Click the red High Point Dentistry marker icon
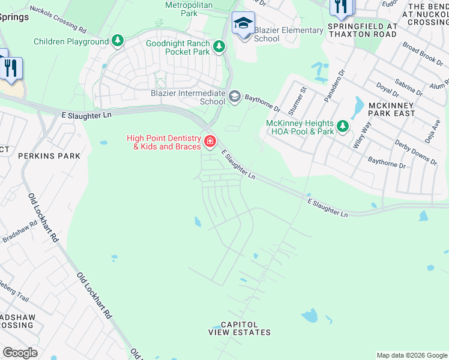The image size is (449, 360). pos(209,142)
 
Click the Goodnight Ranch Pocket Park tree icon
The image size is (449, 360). pos(220,46)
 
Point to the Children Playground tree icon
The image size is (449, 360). pos(118,41)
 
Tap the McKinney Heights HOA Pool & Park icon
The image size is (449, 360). pos(343,126)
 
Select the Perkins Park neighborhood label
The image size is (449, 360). pos(40,156)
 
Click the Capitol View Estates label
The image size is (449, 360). pos(240,328)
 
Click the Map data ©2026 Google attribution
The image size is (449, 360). pos(412,355)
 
